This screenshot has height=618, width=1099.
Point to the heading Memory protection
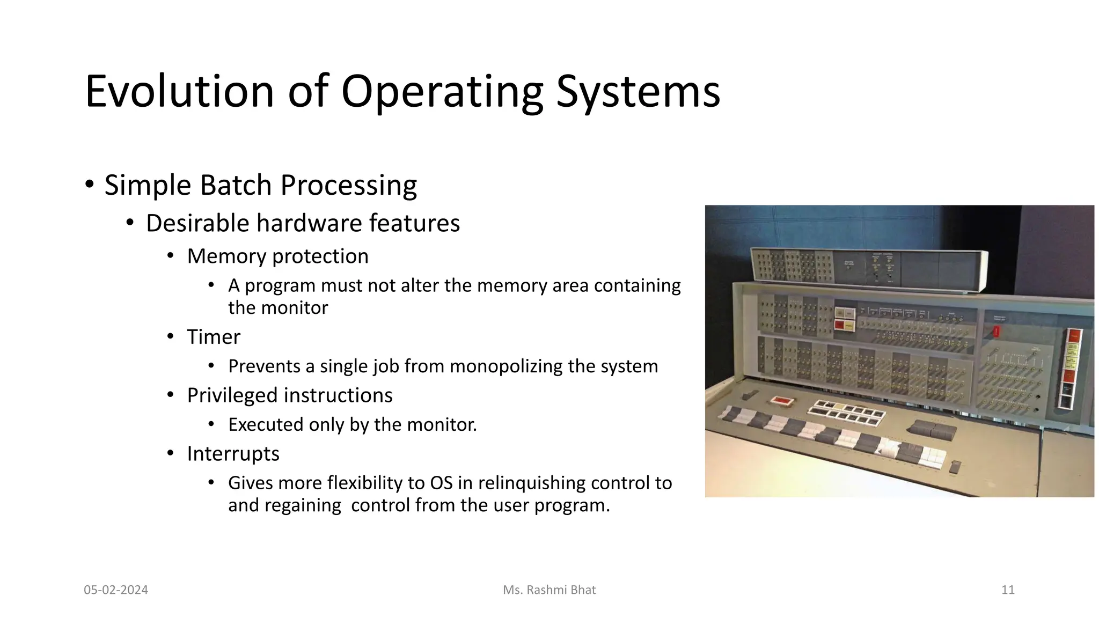click(x=277, y=256)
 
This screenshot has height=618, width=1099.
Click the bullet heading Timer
click(x=213, y=337)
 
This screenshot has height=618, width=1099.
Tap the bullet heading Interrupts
click(x=233, y=454)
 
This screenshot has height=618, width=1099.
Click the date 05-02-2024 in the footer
click(x=116, y=590)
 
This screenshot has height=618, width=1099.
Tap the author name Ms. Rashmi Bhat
click(x=549, y=590)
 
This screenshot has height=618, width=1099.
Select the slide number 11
click(x=1008, y=590)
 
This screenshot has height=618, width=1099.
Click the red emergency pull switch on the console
click(x=997, y=332)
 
